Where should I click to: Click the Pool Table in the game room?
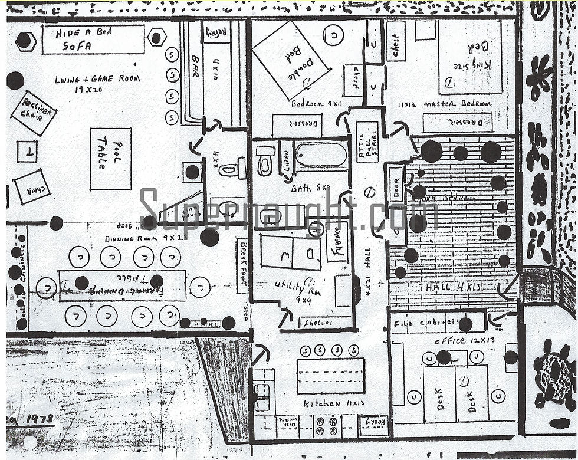110,159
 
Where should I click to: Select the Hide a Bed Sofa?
93,40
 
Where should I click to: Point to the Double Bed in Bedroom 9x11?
290,61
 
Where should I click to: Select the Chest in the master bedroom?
396,41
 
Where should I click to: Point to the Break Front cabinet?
242,265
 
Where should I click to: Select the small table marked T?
27,152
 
